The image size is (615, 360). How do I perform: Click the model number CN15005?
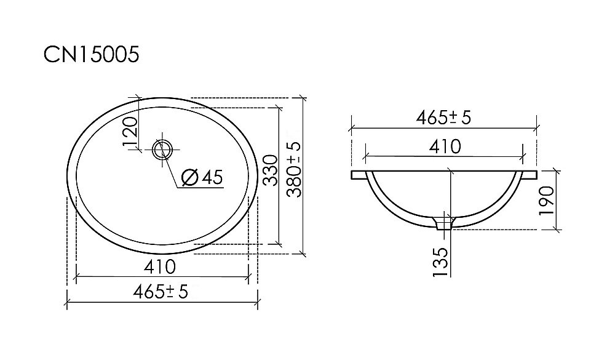[x=92, y=55]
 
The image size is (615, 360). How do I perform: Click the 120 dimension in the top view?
[x=129, y=131]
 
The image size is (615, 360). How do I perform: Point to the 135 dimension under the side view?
[x=439, y=262]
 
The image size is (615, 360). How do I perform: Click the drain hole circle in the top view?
[x=164, y=149]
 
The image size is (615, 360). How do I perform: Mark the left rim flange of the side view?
[x=359, y=176]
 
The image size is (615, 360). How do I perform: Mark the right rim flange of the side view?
[x=530, y=176]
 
